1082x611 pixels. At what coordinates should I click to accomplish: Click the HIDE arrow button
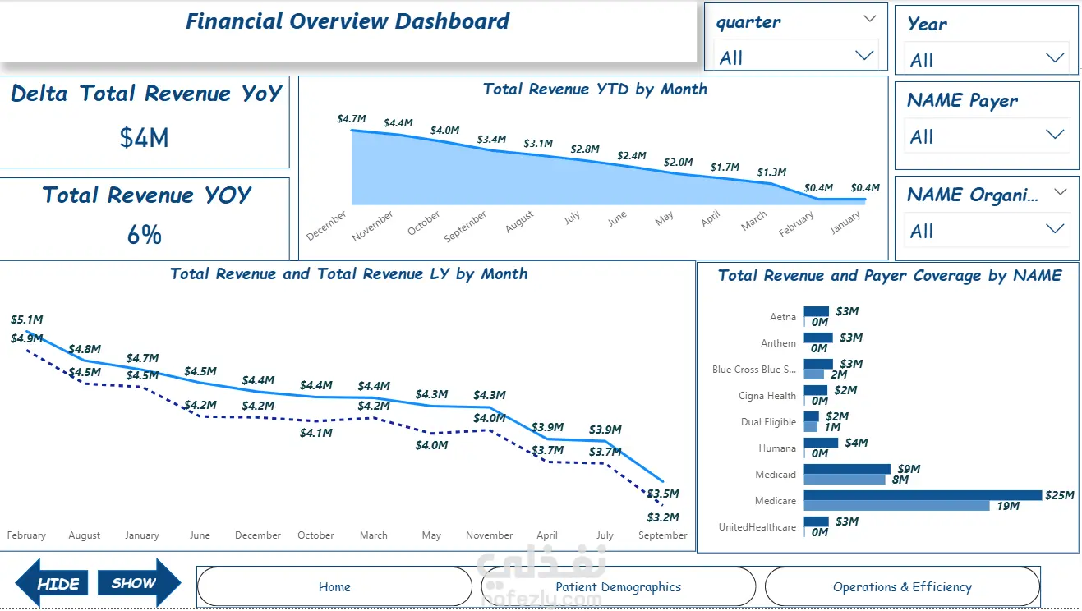[x=52, y=583]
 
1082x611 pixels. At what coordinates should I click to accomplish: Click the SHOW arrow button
[x=140, y=582]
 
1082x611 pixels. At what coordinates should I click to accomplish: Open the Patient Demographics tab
[x=619, y=586]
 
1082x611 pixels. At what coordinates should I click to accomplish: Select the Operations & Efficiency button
[x=902, y=586]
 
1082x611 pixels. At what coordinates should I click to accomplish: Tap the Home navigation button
[x=334, y=586]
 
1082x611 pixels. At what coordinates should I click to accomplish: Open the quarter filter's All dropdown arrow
[x=864, y=56]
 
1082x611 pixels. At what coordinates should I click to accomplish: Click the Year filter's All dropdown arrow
[x=1055, y=58]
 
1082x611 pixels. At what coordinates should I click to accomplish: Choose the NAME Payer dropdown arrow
[x=1055, y=135]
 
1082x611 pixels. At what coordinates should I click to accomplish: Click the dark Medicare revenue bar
[x=923, y=495]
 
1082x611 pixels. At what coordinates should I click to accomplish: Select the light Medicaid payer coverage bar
[x=845, y=479]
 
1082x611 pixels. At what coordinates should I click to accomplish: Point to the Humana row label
[x=777, y=448]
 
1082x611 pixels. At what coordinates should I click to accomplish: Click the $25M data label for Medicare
[x=1059, y=495]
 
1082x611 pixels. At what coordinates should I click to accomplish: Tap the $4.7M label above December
[x=352, y=118]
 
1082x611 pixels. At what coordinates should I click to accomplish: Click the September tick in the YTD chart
[x=465, y=226]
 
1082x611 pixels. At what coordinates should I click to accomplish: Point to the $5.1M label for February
[x=26, y=319]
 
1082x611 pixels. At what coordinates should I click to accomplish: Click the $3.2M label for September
[x=663, y=517]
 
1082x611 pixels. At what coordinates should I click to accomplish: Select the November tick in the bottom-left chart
[x=490, y=535]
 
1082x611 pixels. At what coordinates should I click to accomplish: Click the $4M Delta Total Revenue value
[x=144, y=138]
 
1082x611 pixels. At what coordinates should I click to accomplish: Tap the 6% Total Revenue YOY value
[x=144, y=235]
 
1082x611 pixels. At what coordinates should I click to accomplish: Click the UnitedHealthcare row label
[x=757, y=527]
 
